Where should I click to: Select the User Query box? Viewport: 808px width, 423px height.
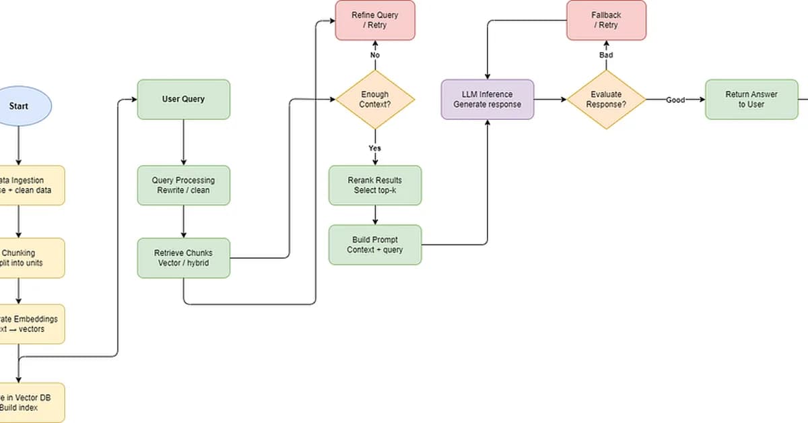(x=183, y=100)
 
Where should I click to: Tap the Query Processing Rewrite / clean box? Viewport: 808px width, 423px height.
(x=183, y=185)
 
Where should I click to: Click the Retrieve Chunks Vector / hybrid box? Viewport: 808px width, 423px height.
(x=183, y=258)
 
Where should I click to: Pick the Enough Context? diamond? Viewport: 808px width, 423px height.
(x=375, y=100)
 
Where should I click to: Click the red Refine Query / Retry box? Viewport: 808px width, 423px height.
(x=375, y=20)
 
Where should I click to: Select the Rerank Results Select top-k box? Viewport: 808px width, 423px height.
(x=375, y=185)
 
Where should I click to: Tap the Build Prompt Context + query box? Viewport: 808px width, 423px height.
(x=375, y=245)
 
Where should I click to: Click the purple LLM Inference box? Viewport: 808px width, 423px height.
(x=487, y=100)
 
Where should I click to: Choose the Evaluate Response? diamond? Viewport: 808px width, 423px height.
(x=605, y=100)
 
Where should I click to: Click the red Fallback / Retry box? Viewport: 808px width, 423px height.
(x=605, y=20)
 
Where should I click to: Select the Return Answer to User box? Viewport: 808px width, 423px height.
(x=751, y=100)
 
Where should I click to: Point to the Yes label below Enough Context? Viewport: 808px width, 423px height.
(x=375, y=148)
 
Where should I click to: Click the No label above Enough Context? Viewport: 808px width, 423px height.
(x=375, y=55)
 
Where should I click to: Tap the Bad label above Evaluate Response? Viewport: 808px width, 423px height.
(x=605, y=55)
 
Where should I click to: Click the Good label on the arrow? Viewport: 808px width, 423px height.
(x=675, y=100)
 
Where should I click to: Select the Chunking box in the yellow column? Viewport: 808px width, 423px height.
(x=30, y=258)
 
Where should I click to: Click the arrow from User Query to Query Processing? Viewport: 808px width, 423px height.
(x=183, y=142)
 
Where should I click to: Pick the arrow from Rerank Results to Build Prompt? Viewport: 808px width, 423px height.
(x=375, y=215)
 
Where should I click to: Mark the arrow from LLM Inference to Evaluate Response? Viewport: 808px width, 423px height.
(x=550, y=100)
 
